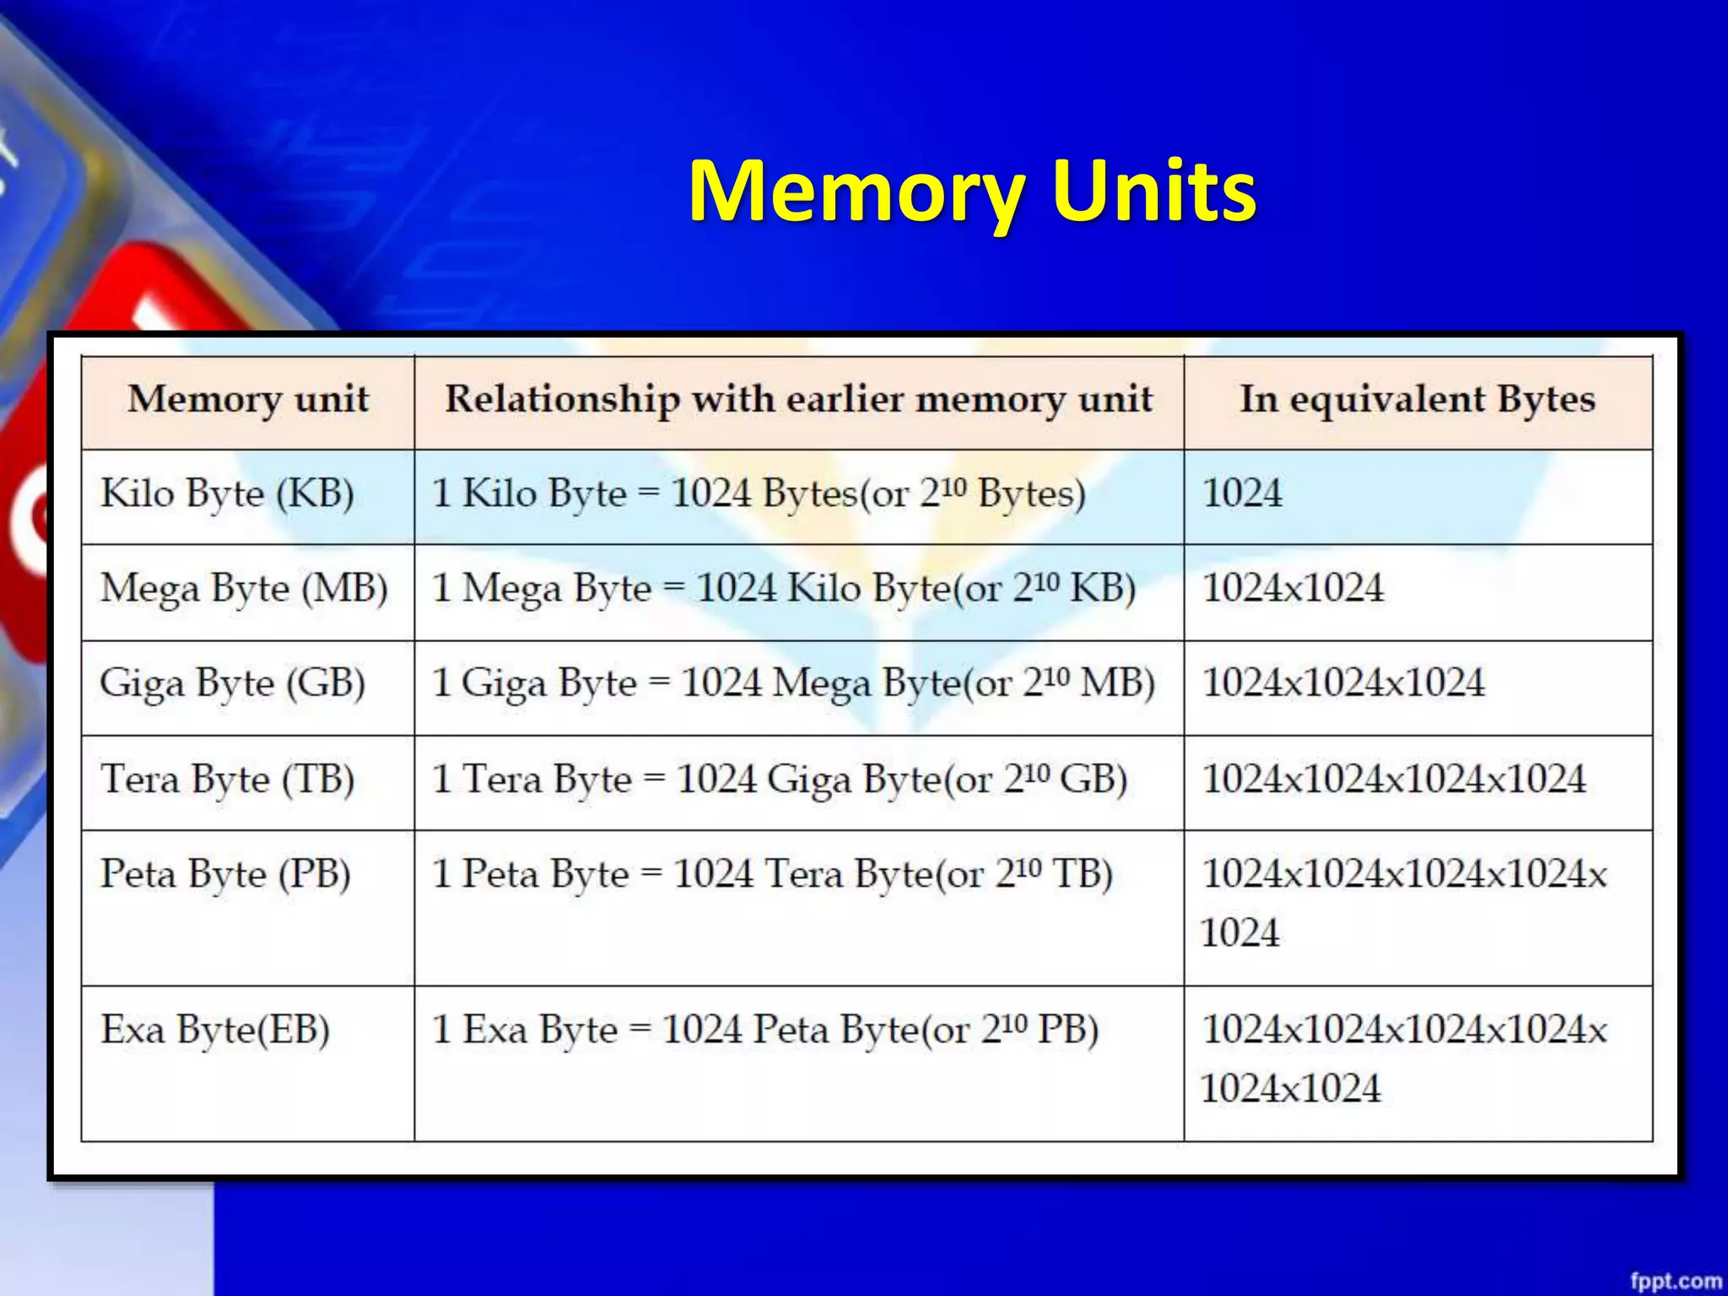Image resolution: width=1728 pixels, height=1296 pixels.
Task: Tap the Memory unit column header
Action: [x=248, y=399]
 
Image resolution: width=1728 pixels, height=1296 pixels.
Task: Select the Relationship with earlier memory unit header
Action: [x=798, y=399]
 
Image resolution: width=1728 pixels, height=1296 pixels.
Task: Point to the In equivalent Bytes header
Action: [x=1417, y=399]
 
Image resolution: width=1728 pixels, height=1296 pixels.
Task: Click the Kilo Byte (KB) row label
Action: [x=227, y=494]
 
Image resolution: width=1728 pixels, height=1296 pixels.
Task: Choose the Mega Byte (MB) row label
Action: [x=244, y=589]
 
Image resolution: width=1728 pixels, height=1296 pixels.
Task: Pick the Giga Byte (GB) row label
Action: [x=232, y=683]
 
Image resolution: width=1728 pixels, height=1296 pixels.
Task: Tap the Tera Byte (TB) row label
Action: [x=227, y=779]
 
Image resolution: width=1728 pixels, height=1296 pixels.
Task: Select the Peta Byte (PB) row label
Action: [x=225, y=874]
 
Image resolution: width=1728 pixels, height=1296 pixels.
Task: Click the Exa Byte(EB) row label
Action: [x=215, y=1029]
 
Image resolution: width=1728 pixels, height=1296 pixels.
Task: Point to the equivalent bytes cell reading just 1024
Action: [x=1242, y=494]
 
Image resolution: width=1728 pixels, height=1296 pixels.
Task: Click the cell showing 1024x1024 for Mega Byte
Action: [x=1293, y=589]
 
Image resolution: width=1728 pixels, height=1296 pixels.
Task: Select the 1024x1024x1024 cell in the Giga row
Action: [x=1343, y=683]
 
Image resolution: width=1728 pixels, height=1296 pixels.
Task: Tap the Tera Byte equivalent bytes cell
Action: [x=1394, y=779]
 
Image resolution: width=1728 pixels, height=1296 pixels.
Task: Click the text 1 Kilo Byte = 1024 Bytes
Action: [x=758, y=494]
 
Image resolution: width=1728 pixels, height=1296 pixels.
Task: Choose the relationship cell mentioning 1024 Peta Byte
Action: [x=764, y=1029]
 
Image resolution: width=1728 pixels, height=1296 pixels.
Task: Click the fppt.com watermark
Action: [x=1676, y=1281]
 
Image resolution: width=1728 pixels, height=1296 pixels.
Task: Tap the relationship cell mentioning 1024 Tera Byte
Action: [x=772, y=874]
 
